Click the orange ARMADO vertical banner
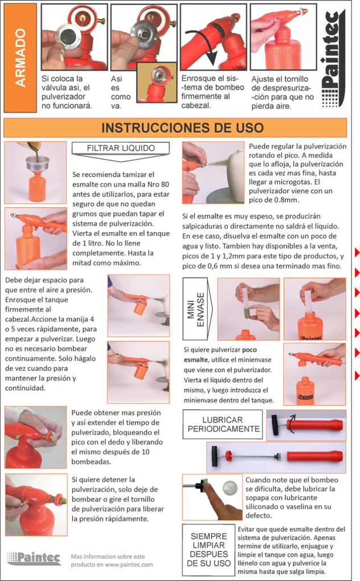pos(20,58)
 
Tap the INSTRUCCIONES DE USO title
pos(183,128)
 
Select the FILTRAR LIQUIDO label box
pos(121,148)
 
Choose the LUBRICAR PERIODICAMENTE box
pos(223,425)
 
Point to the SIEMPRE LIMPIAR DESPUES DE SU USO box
pos(209,550)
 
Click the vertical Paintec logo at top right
pos(333,59)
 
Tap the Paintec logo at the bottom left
pos(34,558)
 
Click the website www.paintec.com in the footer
pos(129,565)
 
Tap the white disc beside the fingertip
pos(230,488)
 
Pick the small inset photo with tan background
pos(156,82)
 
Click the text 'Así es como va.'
pos(121,92)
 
